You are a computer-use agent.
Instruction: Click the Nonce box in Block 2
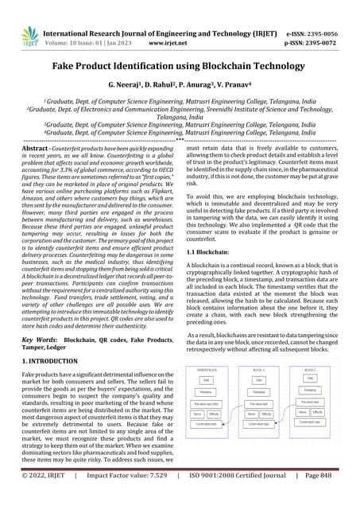click(x=302, y=412)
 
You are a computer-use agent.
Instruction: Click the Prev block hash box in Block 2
click(x=309, y=401)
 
